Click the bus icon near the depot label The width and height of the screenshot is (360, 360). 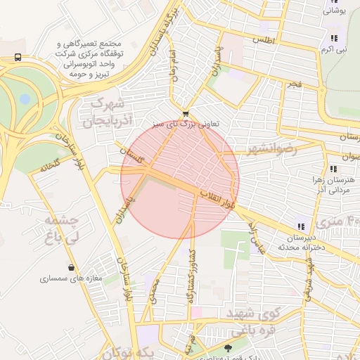17,57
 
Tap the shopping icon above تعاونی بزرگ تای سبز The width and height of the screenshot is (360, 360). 185,113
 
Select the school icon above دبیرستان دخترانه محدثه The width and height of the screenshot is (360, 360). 301,226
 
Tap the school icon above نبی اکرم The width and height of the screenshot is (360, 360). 333,38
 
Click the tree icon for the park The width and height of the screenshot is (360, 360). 227,347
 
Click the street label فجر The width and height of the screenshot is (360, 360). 294,84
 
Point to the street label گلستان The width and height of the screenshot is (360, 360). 131,155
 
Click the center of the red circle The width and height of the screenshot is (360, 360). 180,180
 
